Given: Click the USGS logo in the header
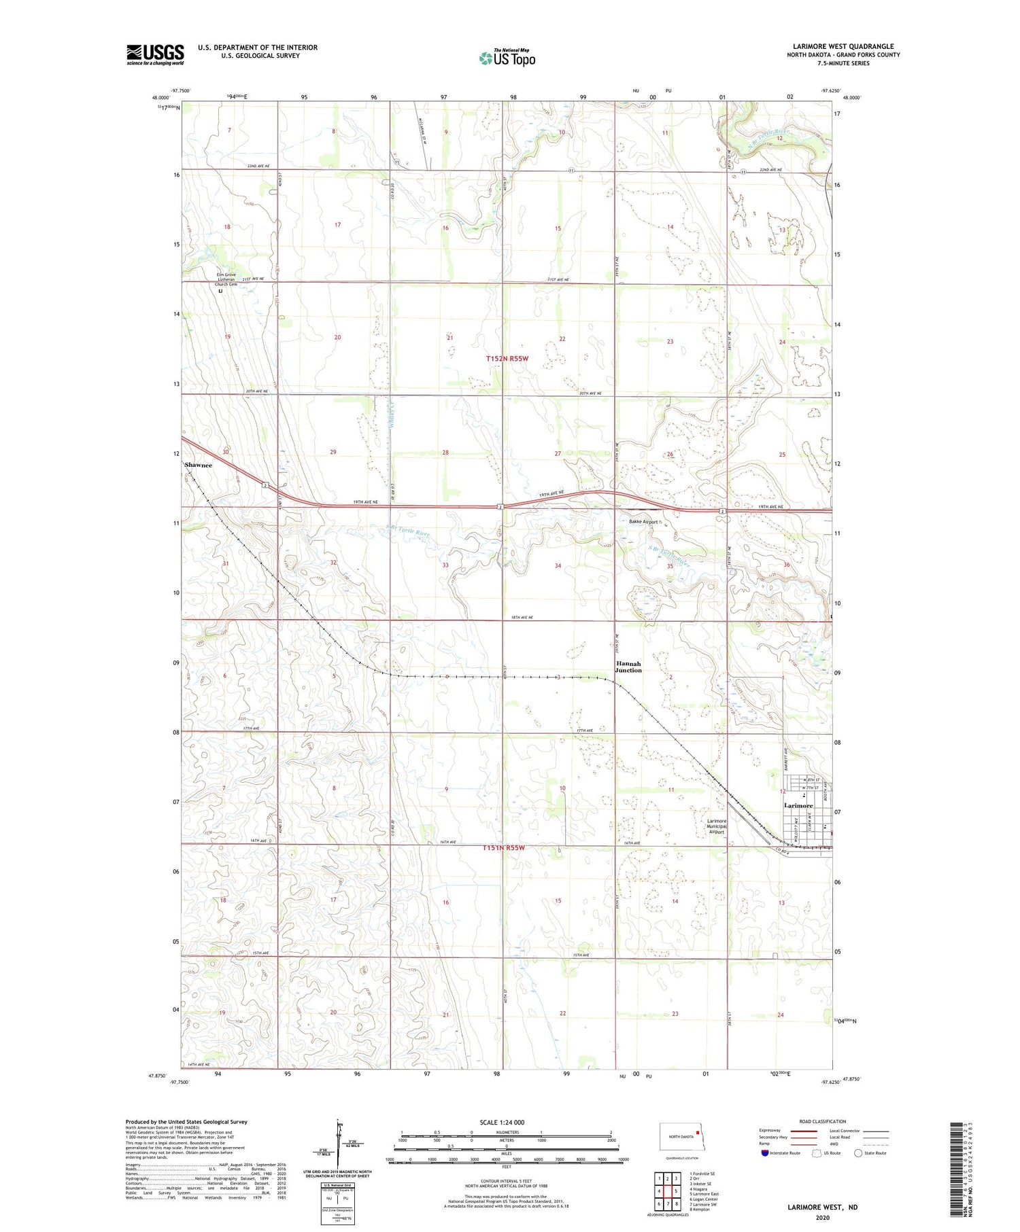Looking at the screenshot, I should click(x=155, y=54).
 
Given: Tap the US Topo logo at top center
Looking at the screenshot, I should click(x=507, y=58).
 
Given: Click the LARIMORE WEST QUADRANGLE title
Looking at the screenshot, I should click(x=843, y=47).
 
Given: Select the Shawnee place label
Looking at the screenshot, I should click(x=199, y=465).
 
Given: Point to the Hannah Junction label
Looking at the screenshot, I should click(x=628, y=667).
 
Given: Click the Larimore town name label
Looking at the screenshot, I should click(x=798, y=805).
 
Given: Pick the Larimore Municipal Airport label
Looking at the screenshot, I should click(x=717, y=826).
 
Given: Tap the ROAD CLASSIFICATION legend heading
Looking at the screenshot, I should click(x=823, y=1121).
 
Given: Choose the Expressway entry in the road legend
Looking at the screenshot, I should click(x=769, y=1131).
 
